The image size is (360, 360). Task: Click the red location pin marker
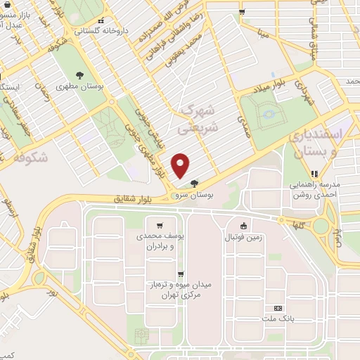181,165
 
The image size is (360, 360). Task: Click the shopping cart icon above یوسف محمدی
162,226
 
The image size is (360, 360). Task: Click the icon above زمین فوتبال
243,226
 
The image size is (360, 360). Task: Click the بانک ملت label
278,318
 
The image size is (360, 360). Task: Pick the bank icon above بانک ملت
277,307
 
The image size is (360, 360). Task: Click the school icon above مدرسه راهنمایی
315,174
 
